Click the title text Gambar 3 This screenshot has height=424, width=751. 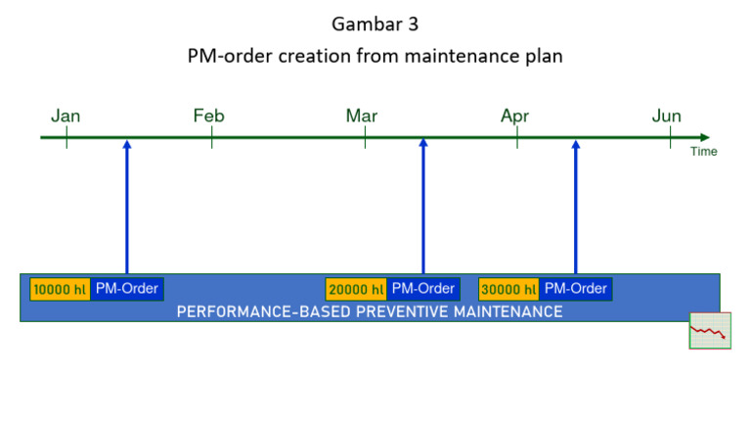[x=375, y=23]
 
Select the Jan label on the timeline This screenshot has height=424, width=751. [x=66, y=117]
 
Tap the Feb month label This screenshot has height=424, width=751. [x=209, y=117]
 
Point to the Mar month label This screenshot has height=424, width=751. [x=362, y=117]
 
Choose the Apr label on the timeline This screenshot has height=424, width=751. [x=514, y=117]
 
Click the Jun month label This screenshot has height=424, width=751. [x=667, y=117]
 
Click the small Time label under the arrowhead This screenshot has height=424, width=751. [x=703, y=152]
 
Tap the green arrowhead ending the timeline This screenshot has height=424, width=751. [x=704, y=138]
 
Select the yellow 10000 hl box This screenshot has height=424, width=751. [x=60, y=290]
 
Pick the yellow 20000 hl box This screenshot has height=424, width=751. [x=356, y=290]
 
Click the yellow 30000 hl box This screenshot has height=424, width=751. [x=508, y=290]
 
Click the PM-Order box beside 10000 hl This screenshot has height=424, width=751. [x=127, y=289]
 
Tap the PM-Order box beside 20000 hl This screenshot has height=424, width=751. [x=423, y=289]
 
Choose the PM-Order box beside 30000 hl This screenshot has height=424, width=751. [x=576, y=289]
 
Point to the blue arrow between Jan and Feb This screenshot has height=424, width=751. [x=127, y=206]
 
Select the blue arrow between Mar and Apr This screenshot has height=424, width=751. [x=423, y=206]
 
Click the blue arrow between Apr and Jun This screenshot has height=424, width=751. [x=576, y=206]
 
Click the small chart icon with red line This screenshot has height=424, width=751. [x=710, y=331]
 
